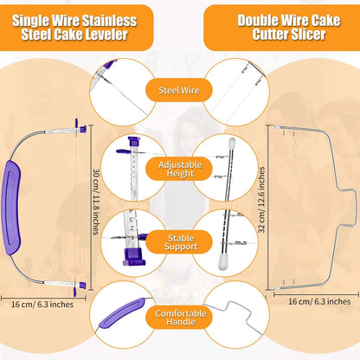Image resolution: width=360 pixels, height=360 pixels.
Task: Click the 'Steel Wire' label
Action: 180,87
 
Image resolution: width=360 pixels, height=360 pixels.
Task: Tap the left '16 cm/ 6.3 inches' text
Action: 42,305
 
